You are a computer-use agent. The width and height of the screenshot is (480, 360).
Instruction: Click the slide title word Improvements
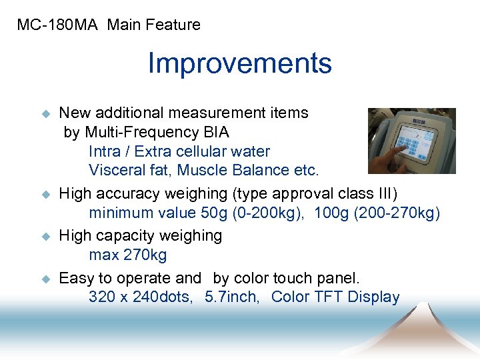click(x=239, y=64)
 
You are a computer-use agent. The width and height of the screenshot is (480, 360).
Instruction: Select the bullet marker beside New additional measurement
click(x=47, y=114)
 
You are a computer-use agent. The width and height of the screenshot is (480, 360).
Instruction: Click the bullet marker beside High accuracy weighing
click(x=47, y=195)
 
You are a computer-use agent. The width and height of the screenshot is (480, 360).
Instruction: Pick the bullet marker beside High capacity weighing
click(x=47, y=237)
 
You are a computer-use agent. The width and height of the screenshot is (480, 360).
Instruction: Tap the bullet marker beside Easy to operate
click(x=47, y=279)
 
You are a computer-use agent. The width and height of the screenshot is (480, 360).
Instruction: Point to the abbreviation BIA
click(x=215, y=132)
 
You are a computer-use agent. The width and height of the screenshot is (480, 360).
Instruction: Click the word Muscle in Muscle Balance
click(x=201, y=170)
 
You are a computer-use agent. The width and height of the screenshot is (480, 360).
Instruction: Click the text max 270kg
click(x=128, y=255)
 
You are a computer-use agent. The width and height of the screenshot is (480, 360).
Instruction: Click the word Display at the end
click(x=373, y=297)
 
